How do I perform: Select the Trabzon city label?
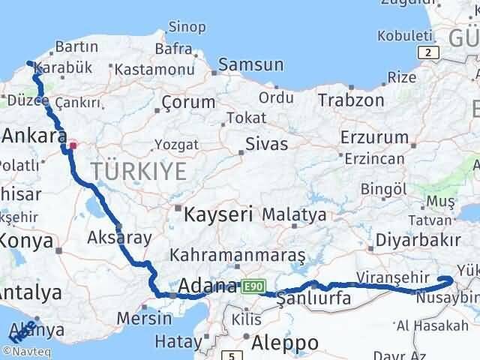coord(351,100)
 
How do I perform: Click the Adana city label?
coord(208,286)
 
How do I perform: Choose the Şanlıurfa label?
coord(313,298)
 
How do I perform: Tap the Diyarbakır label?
coord(418,242)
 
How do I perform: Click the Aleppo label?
coord(285,342)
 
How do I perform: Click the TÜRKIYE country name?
coord(139,172)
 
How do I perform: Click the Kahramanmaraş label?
coord(238,256)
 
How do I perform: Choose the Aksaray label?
coord(120,237)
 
